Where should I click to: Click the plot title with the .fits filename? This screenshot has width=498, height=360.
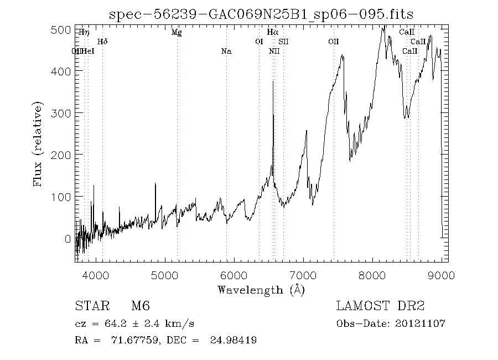261,14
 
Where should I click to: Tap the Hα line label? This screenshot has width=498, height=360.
272,33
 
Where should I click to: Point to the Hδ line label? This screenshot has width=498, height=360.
102,42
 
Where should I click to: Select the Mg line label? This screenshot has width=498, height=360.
177,33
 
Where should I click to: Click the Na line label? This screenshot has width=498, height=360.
226,52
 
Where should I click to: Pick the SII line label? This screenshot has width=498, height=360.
283,42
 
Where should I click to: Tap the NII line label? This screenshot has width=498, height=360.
274,52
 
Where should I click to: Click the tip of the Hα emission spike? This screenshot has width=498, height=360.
273,81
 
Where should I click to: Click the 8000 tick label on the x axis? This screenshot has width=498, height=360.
373,275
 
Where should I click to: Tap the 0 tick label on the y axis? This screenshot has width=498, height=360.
68,239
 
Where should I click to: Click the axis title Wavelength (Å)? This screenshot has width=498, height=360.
261,289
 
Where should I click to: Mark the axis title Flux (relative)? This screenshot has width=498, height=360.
38,144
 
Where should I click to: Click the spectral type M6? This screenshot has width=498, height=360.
141,306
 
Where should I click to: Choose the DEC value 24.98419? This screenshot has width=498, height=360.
233,340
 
